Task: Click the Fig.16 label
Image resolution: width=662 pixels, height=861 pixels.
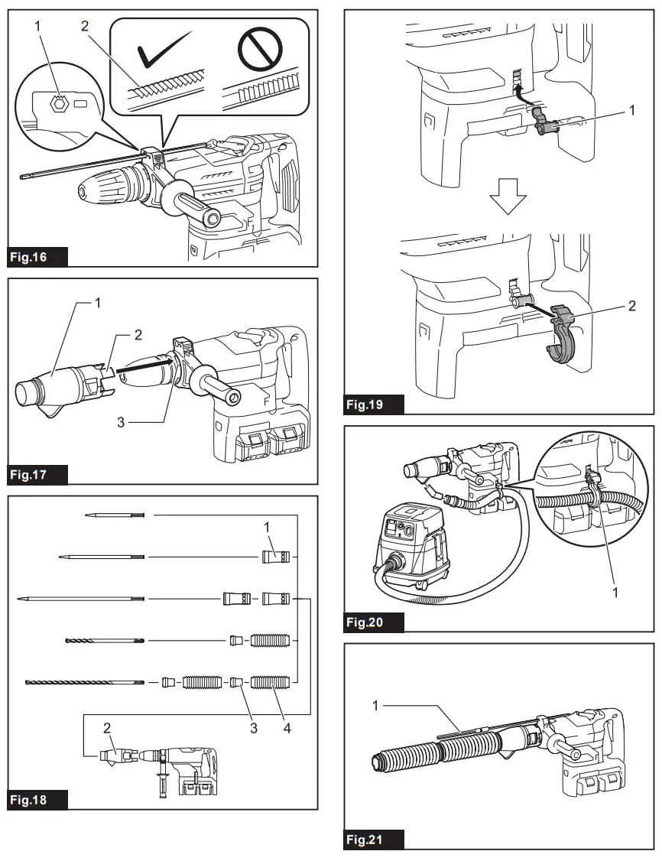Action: [37, 257]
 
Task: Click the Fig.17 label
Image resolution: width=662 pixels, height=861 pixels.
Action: [37, 475]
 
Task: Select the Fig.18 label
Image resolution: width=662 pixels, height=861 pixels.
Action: [37, 800]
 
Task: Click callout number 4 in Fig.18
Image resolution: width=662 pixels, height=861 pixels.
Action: [287, 729]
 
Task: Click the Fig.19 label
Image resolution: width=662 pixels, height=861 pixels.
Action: [374, 405]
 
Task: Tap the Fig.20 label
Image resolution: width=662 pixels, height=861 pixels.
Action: [374, 622]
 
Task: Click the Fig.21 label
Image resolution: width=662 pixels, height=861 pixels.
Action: [374, 840]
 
